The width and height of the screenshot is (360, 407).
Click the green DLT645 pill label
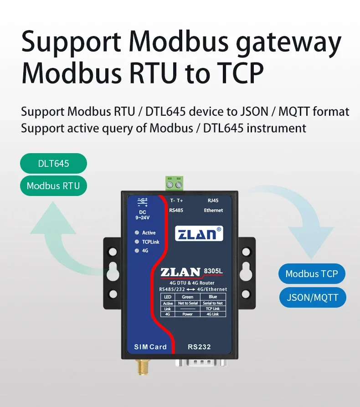53,163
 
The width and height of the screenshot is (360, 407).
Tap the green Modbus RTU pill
53,185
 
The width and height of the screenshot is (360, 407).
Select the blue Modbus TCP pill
312,273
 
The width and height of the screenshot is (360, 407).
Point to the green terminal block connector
174,184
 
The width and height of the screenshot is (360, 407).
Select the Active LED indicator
137,232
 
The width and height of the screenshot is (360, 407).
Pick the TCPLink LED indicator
137,242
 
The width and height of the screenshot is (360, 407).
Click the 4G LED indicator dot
137,251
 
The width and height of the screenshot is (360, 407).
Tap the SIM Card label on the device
150,347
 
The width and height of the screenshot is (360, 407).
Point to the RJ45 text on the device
213,201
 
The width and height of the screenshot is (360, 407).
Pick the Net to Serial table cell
187,303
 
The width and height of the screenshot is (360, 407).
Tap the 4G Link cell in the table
212,314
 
